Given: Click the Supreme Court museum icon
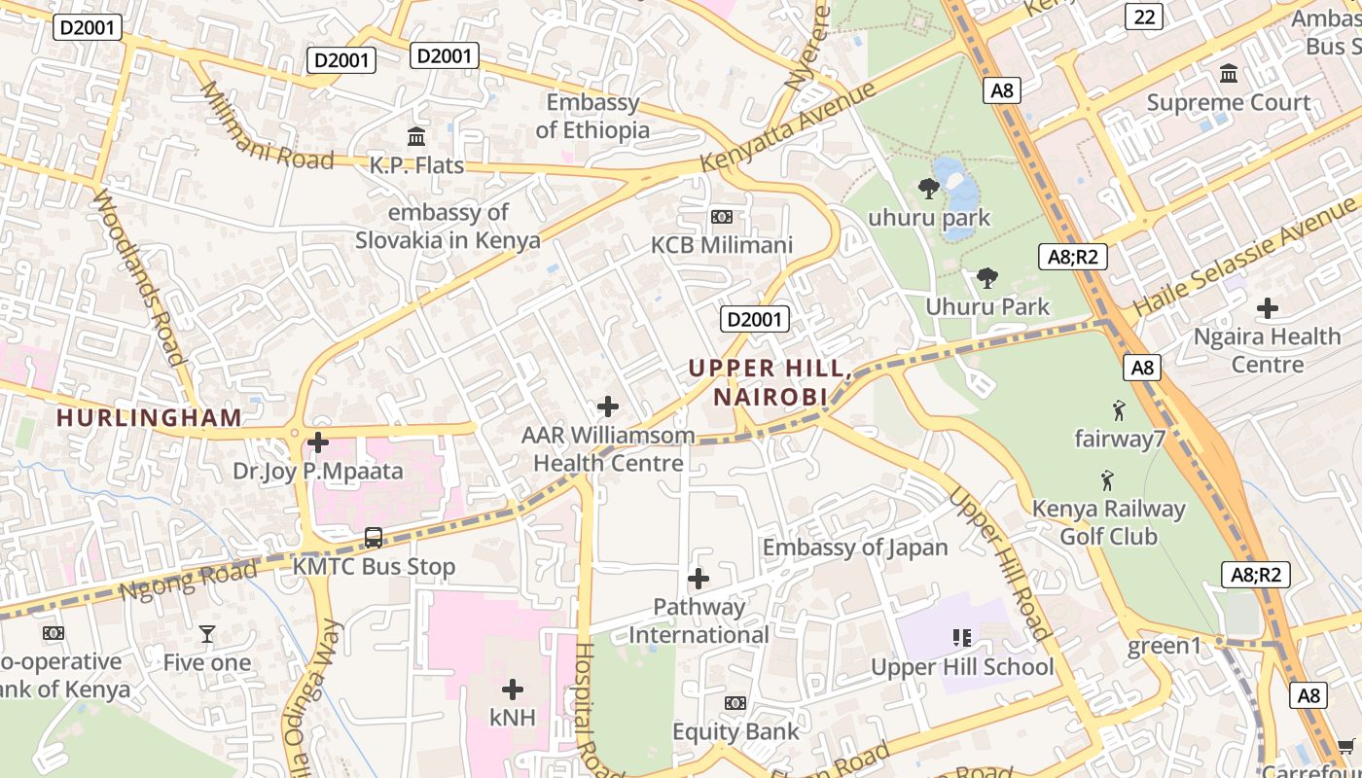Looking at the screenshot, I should [1228, 74].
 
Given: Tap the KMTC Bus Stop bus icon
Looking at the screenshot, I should [374, 537].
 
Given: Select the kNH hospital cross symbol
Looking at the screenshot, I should [513, 690].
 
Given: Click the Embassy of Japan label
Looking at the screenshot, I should [854, 548].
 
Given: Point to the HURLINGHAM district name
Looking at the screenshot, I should [149, 418].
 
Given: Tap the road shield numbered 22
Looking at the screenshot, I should [1146, 16].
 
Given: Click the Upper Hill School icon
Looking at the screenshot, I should [961, 638].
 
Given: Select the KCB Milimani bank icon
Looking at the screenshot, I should [722, 217].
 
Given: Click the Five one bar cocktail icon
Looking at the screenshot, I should [207, 634].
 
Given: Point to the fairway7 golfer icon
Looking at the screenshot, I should [1119, 409].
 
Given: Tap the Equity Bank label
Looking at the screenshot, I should [735, 731].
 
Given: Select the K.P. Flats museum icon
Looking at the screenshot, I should [416, 136].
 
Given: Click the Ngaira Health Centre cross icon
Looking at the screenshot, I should [1267, 308].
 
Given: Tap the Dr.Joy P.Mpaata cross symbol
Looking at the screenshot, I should [318, 442].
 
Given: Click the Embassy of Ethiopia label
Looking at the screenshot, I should [592, 116].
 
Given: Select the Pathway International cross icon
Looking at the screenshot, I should [698, 579].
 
